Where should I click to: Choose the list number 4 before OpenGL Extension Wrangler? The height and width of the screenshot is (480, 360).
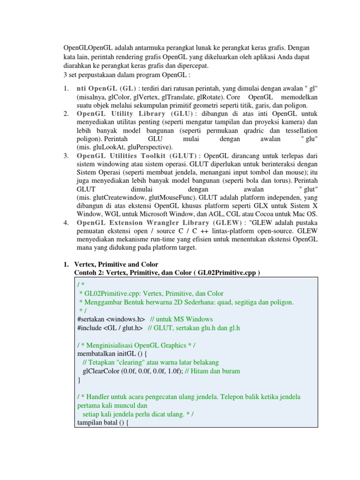tap(66, 222)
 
